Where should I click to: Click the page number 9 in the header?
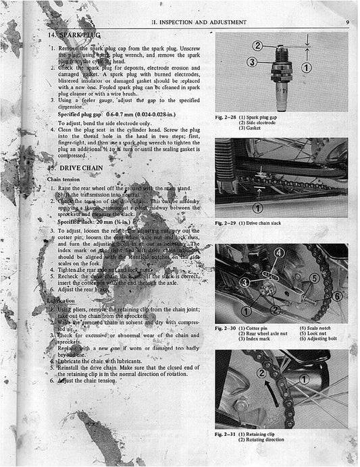345,22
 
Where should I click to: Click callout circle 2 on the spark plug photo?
257,45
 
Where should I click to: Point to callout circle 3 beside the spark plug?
251,62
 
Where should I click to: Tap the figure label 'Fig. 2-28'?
226,117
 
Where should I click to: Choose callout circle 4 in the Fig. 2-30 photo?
279,253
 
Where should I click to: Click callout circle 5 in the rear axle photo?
313,277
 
